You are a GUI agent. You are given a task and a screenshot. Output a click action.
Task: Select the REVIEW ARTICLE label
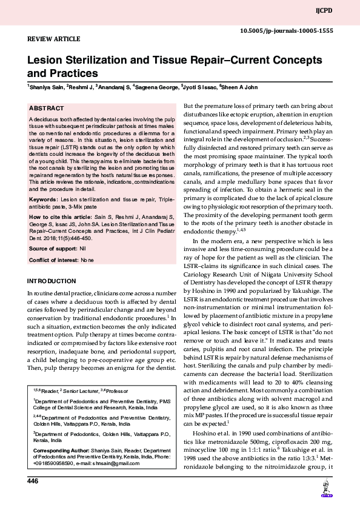pos(54,39)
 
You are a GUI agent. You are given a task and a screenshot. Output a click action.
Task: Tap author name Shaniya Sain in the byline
pos(47,87)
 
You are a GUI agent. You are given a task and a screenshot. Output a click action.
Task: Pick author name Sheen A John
pos(242,87)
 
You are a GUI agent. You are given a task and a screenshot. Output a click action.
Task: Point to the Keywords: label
pos(44,199)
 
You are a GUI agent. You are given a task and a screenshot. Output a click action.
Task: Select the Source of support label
pos(53,249)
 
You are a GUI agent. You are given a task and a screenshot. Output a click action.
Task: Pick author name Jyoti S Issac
pos(200,87)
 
